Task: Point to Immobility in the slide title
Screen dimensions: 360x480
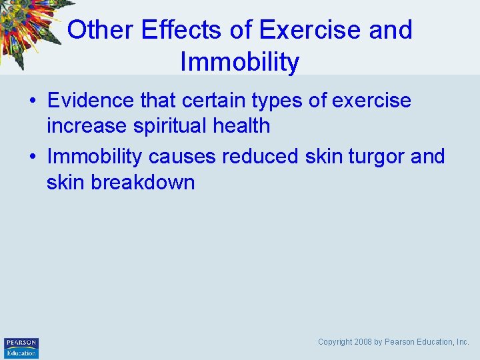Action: (x=240, y=63)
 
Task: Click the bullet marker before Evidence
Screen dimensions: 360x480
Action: (x=32, y=101)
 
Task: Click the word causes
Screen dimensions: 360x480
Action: (x=182, y=157)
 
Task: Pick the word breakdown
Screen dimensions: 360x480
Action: (x=143, y=182)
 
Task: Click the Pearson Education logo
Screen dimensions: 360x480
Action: (x=21, y=347)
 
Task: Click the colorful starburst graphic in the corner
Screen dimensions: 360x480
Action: (x=30, y=27)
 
